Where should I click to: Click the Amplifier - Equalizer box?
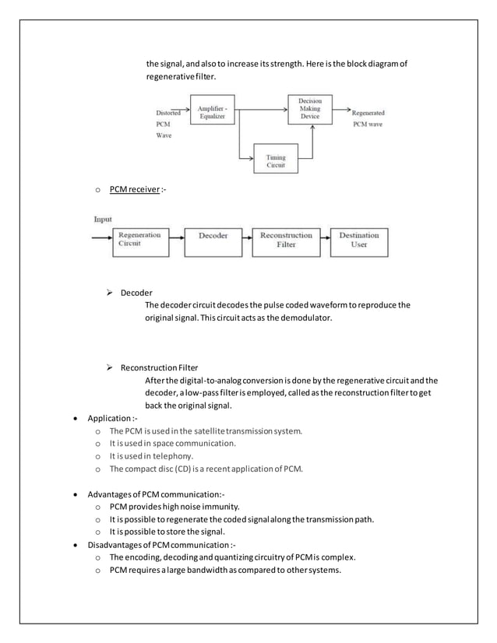coord(212,111)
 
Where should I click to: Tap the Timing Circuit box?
coord(276,162)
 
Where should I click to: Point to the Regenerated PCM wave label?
coord(368,118)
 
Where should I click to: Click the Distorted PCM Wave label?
coord(167,123)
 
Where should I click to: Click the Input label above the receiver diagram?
coord(103,220)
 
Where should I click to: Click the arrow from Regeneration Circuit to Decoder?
coord(176,236)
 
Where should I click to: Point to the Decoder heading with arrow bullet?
coord(136,293)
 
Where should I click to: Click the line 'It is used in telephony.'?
coord(151,456)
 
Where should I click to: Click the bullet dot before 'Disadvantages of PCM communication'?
coord(74,545)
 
